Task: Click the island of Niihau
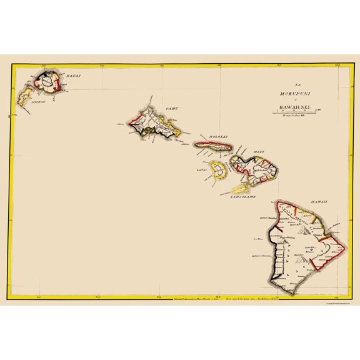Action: tap(26, 98)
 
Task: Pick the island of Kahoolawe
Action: tap(237, 189)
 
